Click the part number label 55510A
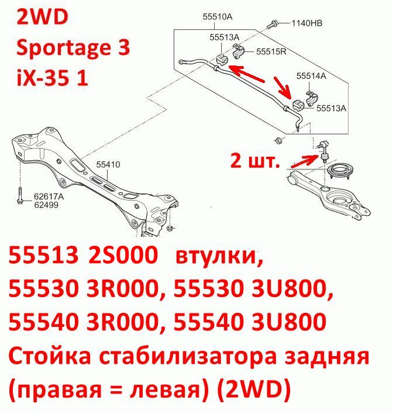click(x=218, y=17)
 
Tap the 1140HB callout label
click(x=306, y=23)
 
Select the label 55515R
click(x=271, y=51)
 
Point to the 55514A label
click(x=311, y=76)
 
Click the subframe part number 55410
click(x=108, y=164)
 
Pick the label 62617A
click(x=49, y=196)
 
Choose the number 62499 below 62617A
click(x=46, y=205)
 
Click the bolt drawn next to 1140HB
click(x=272, y=25)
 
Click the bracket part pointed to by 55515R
click(x=239, y=51)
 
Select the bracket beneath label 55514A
click(x=312, y=98)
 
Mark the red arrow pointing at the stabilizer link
click(x=303, y=161)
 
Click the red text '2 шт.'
click(x=255, y=161)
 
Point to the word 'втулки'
click(x=219, y=256)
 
